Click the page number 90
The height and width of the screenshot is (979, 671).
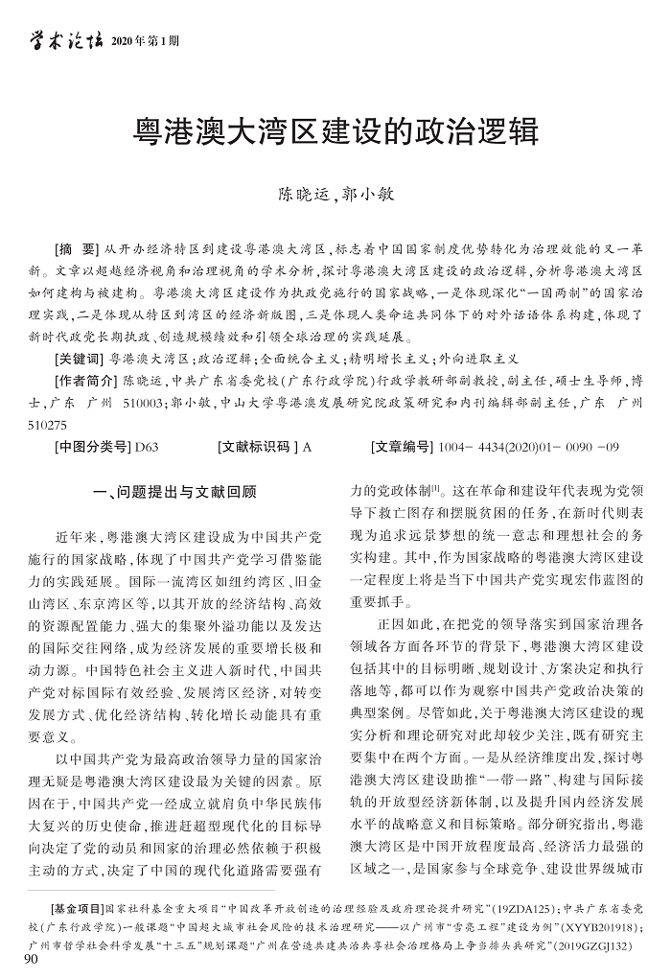30,962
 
